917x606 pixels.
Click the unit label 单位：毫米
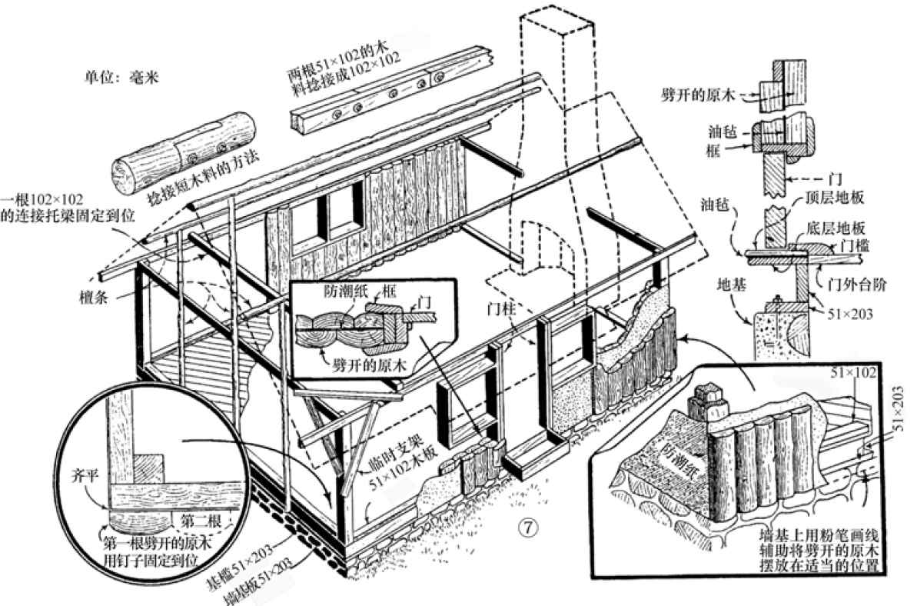point(121,78)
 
